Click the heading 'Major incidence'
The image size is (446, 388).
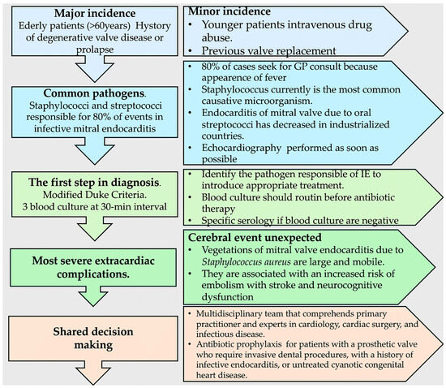(89, 14)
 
